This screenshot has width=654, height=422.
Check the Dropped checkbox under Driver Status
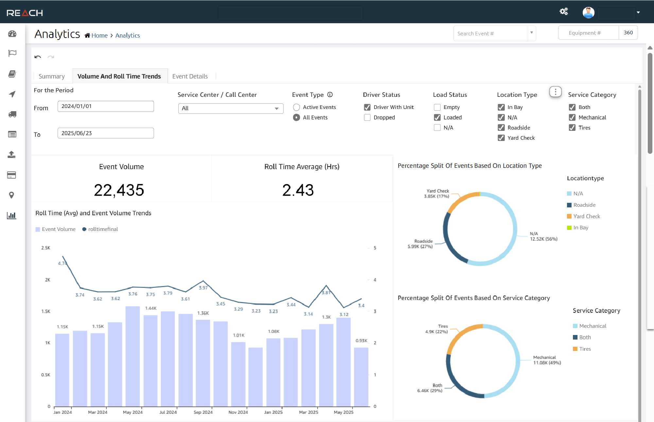point(367,117)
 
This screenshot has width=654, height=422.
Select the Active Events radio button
point(297,107)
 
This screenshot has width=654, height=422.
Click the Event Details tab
point(190,76)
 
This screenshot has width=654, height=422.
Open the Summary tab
point(52,76)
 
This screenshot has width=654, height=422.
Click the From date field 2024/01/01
point(106,106)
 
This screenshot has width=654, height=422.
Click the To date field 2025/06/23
point(106,133)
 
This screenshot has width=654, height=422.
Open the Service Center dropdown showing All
point(231,108)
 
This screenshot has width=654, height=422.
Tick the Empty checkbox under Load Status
point(437,107)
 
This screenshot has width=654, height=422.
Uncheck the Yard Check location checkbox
point(501,138)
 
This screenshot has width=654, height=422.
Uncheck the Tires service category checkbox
point(572,128)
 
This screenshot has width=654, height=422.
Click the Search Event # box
point(490,33)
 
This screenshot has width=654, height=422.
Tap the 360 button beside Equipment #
point(628,33)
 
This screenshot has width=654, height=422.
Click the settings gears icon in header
point(563,12)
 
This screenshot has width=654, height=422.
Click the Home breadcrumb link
point(99,35)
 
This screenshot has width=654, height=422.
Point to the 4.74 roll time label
point(62,263)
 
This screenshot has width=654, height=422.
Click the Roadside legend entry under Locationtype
point(584,205)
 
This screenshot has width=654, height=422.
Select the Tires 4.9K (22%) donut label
point(437,329)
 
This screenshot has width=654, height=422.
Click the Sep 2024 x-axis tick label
point(203,412)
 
